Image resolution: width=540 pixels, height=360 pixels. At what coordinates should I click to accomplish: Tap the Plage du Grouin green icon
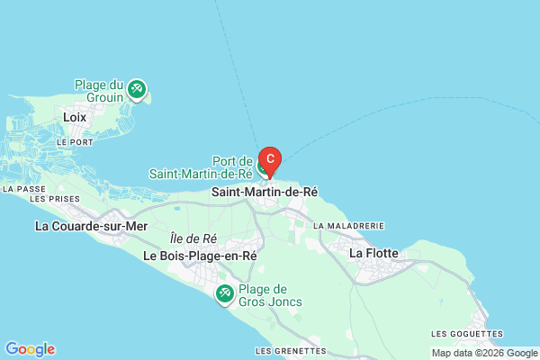pyautogui.click(x=137, y=89)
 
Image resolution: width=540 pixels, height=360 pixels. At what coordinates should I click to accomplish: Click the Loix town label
pyautogui.click(x=75, y=117)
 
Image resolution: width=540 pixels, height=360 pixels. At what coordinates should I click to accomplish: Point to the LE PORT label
pyautogui.click(x=74, y=142)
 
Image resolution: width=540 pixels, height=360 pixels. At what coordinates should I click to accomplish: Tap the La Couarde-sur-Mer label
pyautogui.click(x=90, y=226)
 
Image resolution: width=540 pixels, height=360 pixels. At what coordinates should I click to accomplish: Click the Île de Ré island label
pyautogui.click(x=193, y=238)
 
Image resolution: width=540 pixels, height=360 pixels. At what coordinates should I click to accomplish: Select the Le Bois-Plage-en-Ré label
pyautogui.click(x=200, y=256)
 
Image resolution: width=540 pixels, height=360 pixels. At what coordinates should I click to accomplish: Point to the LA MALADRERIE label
pyautogui.click(x=349, y=226)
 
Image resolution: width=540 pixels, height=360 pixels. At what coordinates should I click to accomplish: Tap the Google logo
pyautogui.click(x=30, y=349)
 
